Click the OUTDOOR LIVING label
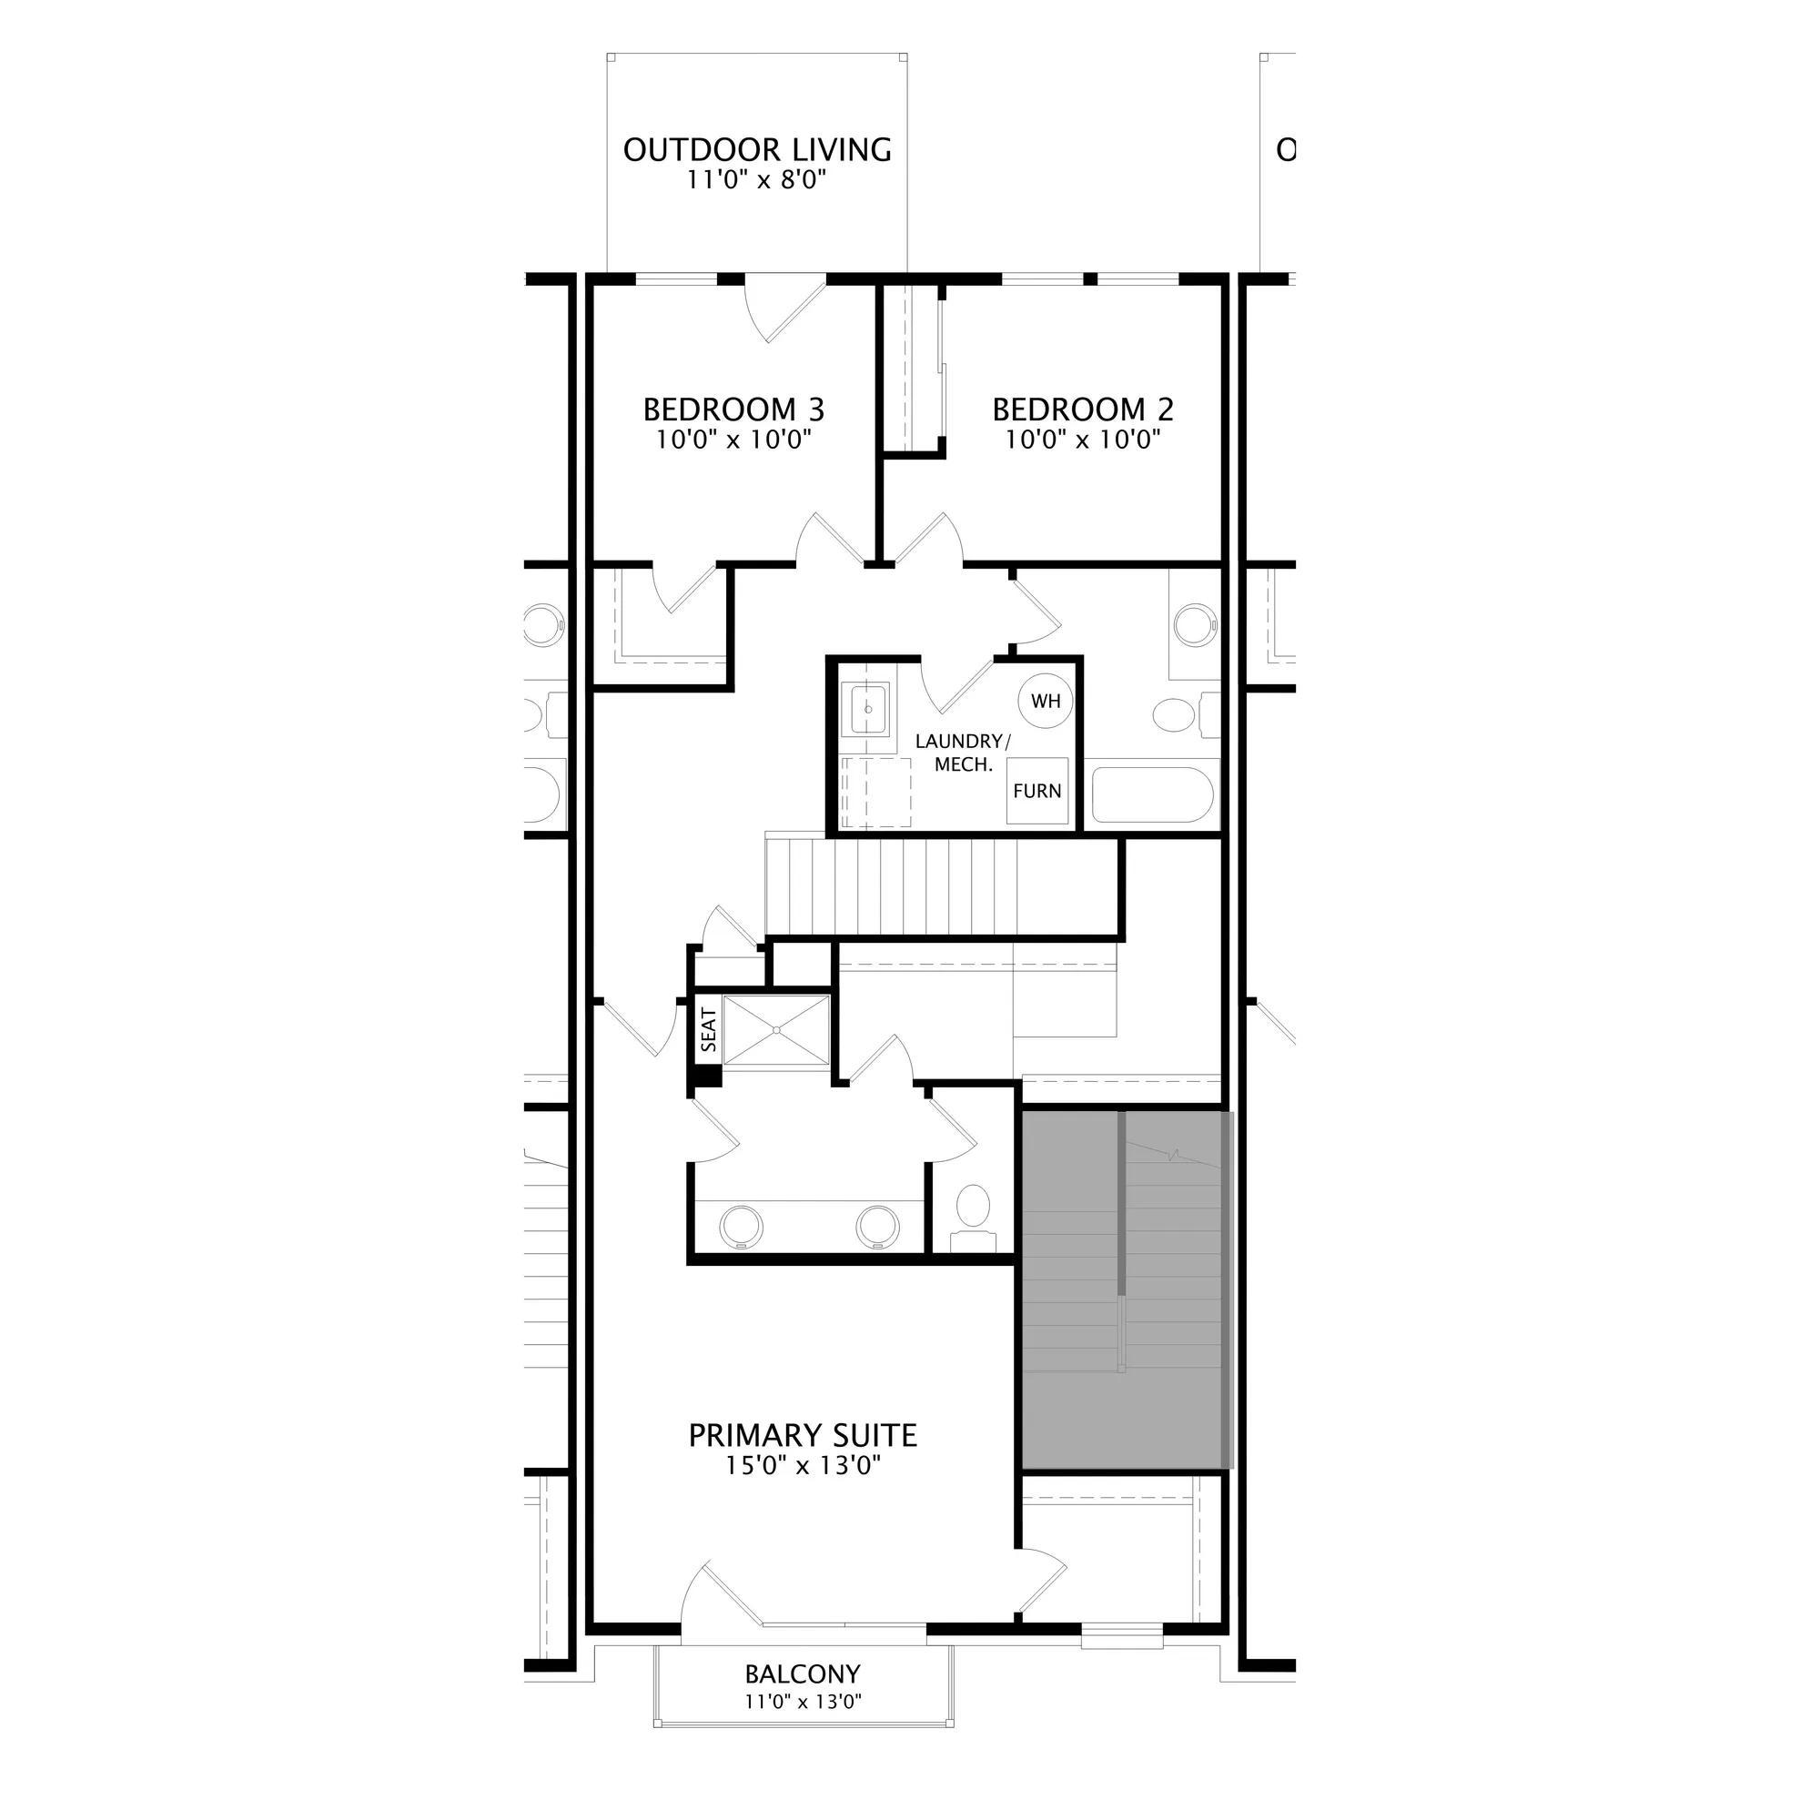tap(757, 150)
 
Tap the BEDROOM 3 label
tap(733, 409)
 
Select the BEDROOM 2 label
tap(1083, 409)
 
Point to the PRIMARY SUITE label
tap(803, 1436)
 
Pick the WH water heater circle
tap(1046, 701)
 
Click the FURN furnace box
tap(1037, 791)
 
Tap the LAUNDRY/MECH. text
tap(963, 753)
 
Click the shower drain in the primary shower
tap(775, 1031)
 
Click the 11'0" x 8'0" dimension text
tap(757, 179)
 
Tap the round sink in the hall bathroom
tap(1197, 623)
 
